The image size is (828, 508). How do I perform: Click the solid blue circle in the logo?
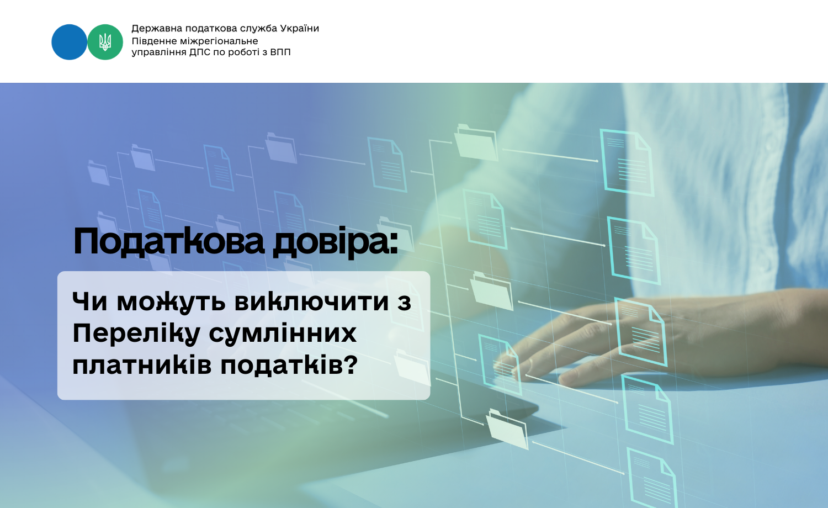tap(69, 42)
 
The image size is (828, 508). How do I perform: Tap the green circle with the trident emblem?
tap(105, 42)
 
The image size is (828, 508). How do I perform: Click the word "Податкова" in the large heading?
tap(168, 241)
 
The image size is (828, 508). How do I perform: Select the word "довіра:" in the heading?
tap(335, 242)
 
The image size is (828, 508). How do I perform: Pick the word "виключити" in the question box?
tap(311, 301)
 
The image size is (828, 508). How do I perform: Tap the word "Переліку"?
tap(136, 334)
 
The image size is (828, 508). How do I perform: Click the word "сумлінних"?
tap(283, 334)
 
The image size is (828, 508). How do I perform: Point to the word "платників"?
tap(142, 366)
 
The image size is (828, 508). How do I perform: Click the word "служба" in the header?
tap(258, 29)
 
